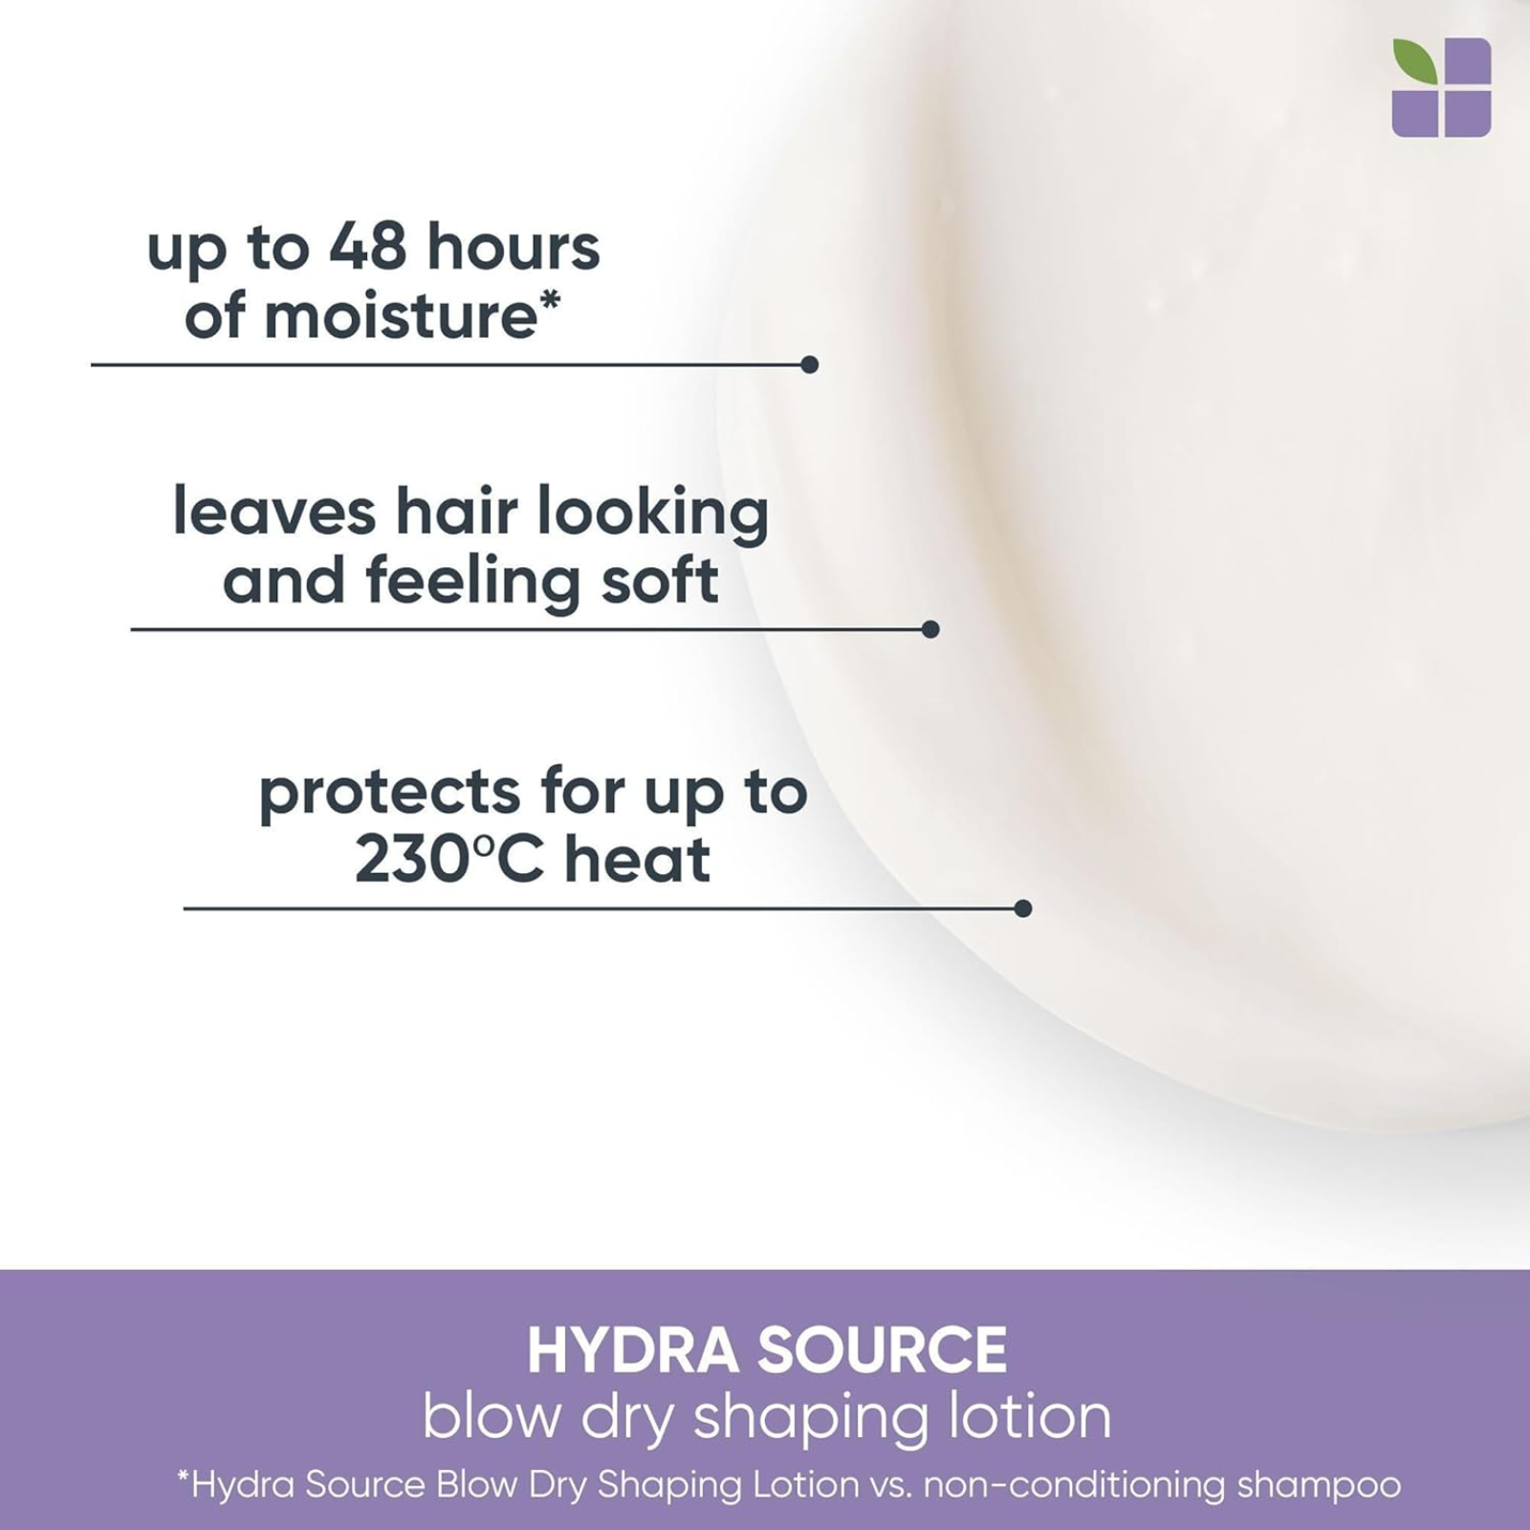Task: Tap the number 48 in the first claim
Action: (x=368, y=247)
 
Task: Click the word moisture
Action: (x=401, y=317)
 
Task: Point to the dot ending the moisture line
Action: (x=809, y=364)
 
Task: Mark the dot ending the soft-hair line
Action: (x=930, y=629)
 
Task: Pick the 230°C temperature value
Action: (x=449, y=858)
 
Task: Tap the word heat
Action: (x=637, y=858)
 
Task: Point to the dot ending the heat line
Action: (x=1022, y=908)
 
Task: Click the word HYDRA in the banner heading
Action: (x=633, y=1349)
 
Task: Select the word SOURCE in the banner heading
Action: (x=882, y=1349)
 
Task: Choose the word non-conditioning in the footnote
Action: (x=1074, y=1485)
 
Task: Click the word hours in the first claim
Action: (x=514, y=247)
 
